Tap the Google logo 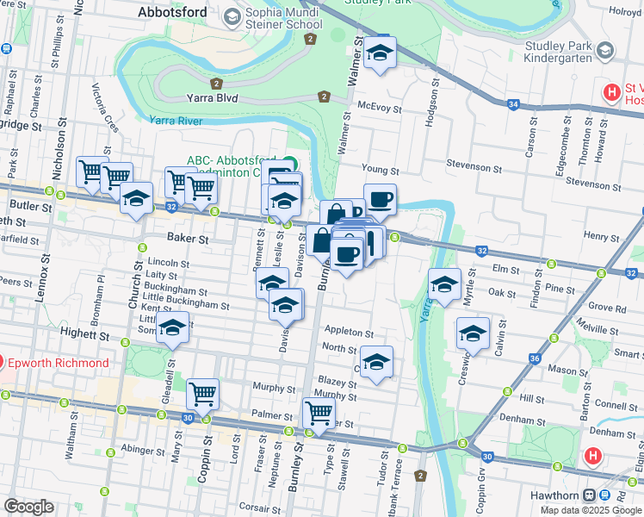28,507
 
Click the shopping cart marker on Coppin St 202,395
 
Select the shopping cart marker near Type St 319,414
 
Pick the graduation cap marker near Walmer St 378,53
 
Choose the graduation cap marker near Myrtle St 445,283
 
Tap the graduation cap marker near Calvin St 473,333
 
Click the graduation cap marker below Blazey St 376,362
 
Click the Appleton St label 349,332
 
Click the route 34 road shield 514,104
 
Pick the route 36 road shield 534,358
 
